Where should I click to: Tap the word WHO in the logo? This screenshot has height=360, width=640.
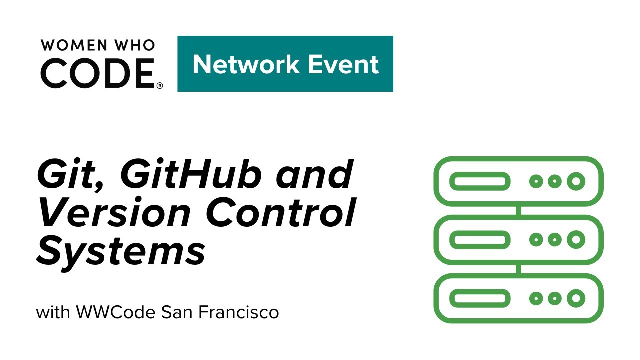coord(135,45)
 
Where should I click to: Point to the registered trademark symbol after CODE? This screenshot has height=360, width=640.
coord(160,86)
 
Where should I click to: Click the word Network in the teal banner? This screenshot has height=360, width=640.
coord(245,64)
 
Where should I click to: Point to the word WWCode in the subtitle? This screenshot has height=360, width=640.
coord(117,313)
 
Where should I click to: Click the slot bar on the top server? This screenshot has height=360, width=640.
coord(480,181)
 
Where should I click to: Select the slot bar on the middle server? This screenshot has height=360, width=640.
coord(480,240)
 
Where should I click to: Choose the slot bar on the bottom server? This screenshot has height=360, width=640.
coord(480,299)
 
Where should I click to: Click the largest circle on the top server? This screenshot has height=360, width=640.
coord(576,181)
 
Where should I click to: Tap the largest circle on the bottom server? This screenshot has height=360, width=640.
coord(576,299)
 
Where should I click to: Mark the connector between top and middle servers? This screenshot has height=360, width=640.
coord(519,210)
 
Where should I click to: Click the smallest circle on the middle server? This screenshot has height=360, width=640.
coord(536,240)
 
